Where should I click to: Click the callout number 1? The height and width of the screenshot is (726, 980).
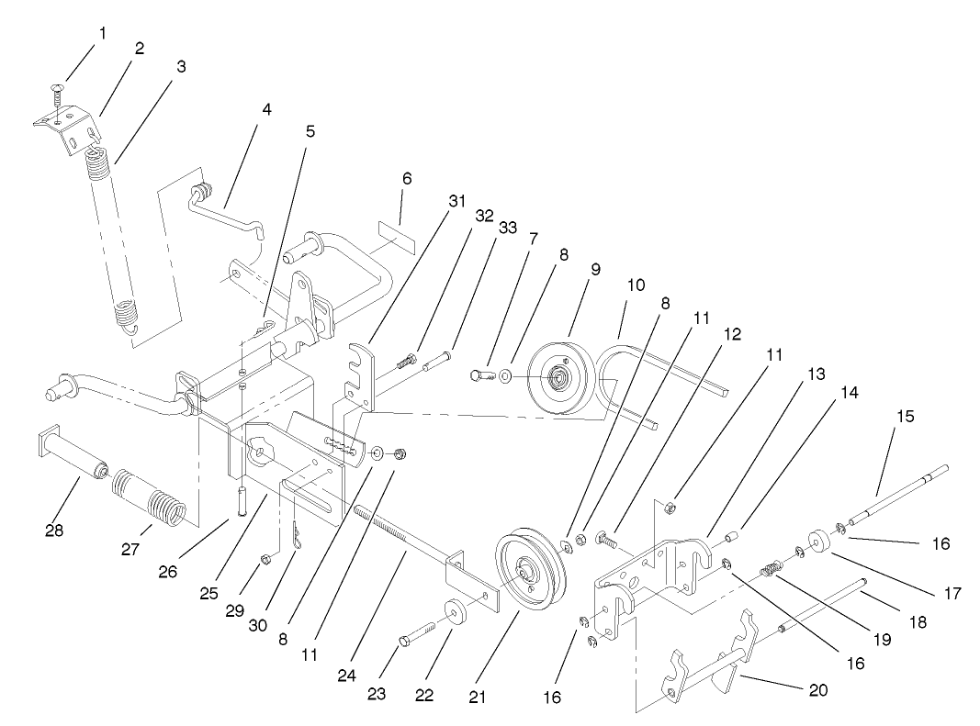[x=103, y=33]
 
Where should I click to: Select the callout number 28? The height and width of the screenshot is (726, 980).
[x=54, y=530]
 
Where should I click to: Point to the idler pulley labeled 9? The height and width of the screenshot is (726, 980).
[x=558, y=378]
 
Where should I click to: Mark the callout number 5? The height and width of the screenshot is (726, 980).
[x=310, y=130]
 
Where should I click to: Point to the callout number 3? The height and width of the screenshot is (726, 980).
[x=181, y=67]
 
